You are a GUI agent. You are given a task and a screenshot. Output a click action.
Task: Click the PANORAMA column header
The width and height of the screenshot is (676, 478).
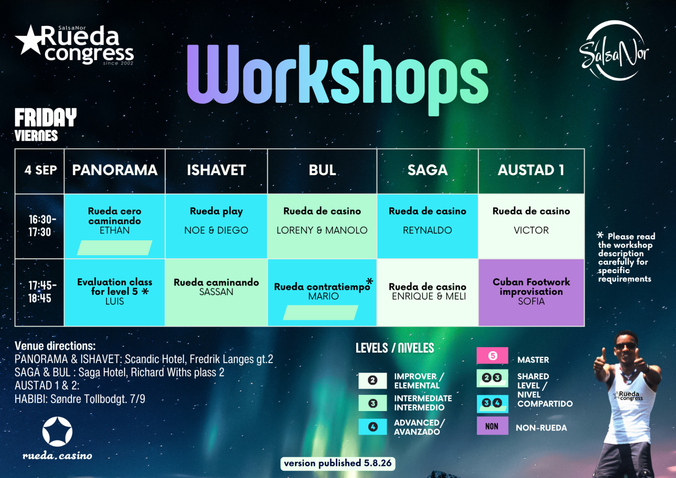(x=115, y=170)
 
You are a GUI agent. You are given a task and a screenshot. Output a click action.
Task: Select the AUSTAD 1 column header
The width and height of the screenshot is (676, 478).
(x=531, y=170)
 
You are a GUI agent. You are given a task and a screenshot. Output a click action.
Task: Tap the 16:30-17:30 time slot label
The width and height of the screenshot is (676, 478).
(x=42, y=226)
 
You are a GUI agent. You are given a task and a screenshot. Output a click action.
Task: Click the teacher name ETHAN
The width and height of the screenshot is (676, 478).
(x=115, y=230)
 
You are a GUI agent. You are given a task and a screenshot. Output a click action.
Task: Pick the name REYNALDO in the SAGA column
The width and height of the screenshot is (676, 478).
(x=427, y=230)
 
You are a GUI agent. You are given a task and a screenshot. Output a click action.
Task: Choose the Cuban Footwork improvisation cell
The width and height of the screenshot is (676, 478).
(x=531, y=292)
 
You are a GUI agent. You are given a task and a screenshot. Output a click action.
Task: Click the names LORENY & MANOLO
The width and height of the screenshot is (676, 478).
(x=322, y=230)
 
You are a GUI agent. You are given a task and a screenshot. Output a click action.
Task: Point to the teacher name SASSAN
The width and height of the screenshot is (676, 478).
(x=216, y=292)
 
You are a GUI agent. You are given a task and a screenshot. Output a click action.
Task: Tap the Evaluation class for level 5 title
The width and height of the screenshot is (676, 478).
(x=115, y=286)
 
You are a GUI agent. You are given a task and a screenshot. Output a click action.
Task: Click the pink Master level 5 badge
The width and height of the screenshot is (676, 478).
(x=492, y=355)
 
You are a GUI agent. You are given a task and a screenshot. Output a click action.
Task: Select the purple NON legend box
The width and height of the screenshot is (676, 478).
(x=492, y=426)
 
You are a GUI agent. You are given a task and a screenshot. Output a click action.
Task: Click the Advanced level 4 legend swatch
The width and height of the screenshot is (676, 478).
(x=373, y=427)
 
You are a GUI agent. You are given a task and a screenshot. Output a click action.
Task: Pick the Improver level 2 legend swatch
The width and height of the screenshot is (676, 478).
(x=373, y=380)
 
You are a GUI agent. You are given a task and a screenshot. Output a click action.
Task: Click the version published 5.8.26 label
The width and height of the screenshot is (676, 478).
(x=338, y=464)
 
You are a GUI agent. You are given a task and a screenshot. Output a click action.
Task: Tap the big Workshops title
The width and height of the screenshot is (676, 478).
(x=337, y=79)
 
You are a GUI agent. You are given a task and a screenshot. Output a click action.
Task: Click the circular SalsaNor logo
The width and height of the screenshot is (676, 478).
(x=614, y=51)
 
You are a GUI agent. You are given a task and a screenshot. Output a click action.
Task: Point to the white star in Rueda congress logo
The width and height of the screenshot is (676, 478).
(x=29, y=40)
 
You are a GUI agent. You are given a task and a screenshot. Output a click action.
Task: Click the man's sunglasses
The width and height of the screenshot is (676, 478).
(x=626, y=346)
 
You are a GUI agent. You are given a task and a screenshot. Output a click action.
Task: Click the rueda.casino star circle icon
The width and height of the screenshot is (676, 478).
(x=57, y=432)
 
